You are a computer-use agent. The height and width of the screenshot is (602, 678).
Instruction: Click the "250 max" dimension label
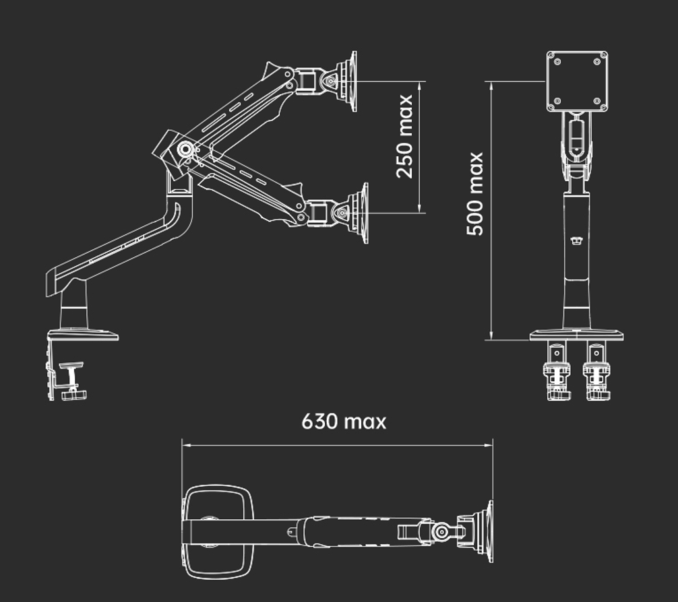(405, 137)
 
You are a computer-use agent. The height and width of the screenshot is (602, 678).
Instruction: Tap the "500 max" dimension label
(474, 194)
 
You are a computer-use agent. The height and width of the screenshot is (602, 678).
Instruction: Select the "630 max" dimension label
(344, 422)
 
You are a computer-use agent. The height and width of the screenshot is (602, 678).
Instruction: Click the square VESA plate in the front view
(577, 81)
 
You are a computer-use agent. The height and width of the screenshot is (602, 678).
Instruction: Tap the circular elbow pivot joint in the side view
(185, 149)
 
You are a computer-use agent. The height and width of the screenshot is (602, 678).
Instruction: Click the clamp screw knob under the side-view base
(74, 395)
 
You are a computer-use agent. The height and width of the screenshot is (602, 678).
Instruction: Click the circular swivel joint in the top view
(441, 531)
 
